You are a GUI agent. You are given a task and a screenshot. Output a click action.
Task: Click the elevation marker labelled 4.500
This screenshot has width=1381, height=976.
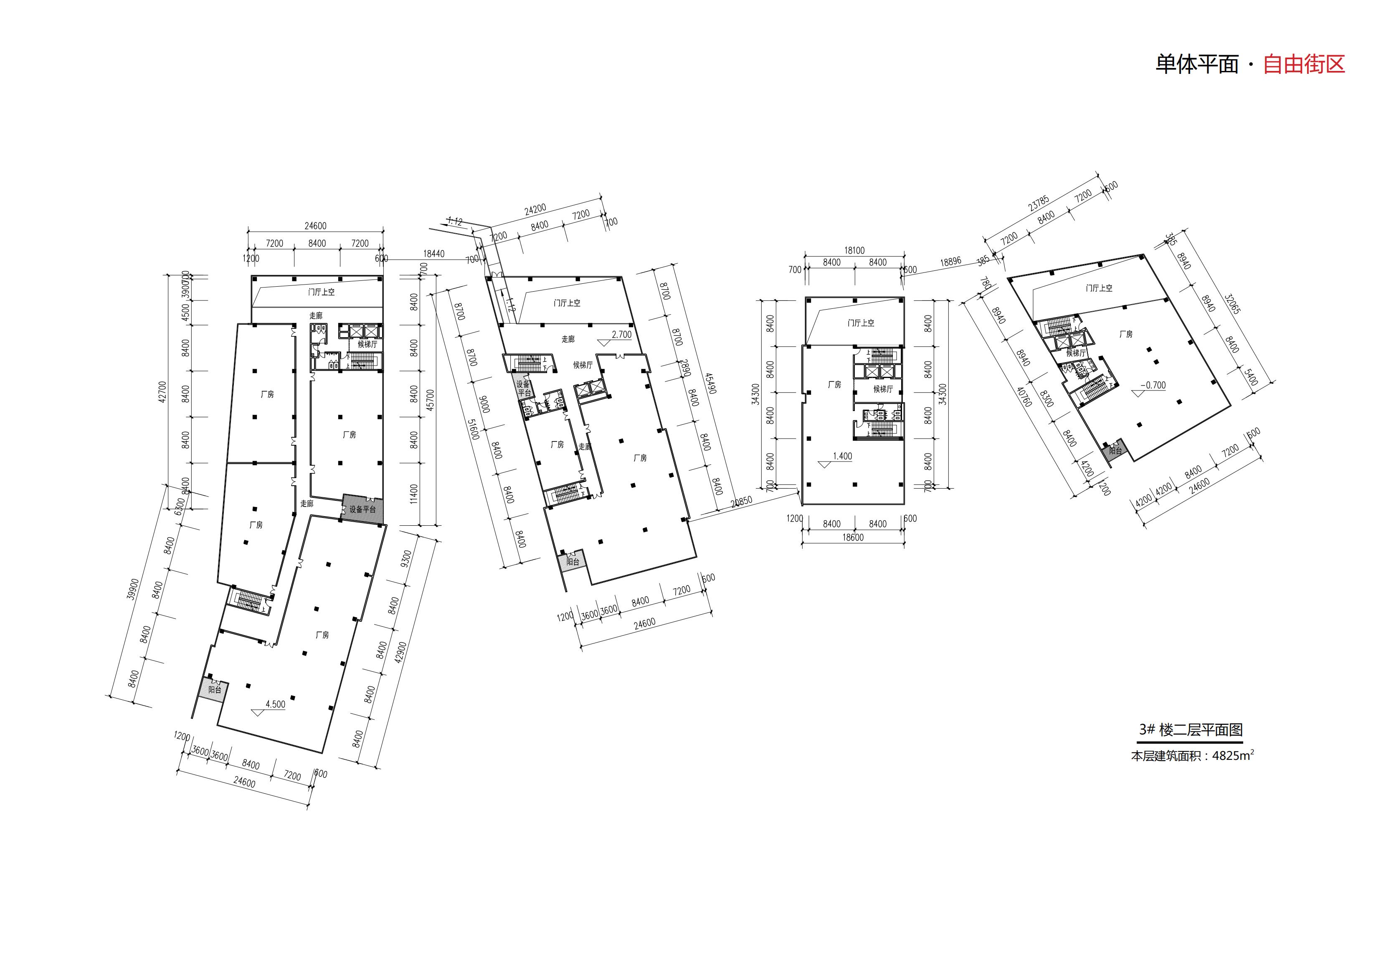pos(275,704)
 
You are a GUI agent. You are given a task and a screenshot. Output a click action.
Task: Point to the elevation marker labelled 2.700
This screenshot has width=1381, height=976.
pos(621,335)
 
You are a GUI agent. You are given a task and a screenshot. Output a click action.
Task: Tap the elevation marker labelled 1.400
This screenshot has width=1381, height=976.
pos(842,456)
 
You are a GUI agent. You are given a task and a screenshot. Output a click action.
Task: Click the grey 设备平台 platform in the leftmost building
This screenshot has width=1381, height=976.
pos(363,508)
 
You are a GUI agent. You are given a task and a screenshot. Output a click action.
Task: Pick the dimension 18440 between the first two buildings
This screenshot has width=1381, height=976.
pos(433,254)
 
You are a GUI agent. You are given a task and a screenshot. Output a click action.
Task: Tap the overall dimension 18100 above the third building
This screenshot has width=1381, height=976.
pos(854,250)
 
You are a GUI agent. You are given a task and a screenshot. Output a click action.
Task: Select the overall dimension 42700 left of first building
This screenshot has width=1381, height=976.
pos(162,392)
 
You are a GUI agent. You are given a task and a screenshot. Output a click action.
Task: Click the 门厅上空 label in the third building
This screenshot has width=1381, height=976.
pos(861,323)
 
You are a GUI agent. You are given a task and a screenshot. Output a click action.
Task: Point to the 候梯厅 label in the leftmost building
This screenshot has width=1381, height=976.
pos(367,344)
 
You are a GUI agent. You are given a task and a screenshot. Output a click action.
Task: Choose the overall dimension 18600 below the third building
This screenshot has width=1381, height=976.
pos(853,537)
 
